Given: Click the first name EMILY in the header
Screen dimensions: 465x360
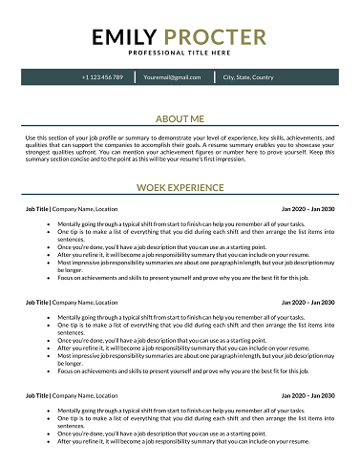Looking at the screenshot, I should point(126,37).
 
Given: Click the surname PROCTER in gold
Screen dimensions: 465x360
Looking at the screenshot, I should point(216,37).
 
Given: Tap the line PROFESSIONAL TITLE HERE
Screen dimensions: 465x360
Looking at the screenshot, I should point(180,53).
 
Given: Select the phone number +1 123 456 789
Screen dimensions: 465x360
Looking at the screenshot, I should point(102,76).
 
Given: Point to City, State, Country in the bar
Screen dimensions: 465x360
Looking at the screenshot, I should point(248,76).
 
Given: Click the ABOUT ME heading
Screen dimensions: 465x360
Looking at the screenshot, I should point(180,118).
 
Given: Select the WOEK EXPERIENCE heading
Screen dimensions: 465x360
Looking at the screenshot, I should point(180,188).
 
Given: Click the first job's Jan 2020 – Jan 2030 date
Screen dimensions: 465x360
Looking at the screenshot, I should point(308,208).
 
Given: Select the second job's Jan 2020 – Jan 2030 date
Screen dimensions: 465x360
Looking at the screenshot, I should point(308,302).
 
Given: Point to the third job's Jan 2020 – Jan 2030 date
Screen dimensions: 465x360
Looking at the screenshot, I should point(308,394).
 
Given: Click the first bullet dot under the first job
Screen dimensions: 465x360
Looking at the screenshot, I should point(49,223).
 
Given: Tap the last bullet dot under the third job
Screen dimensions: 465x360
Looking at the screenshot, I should point(49,442).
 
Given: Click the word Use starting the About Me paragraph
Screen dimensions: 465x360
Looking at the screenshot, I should point(31,137).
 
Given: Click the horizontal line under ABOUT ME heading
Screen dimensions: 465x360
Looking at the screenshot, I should point(180,128).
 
